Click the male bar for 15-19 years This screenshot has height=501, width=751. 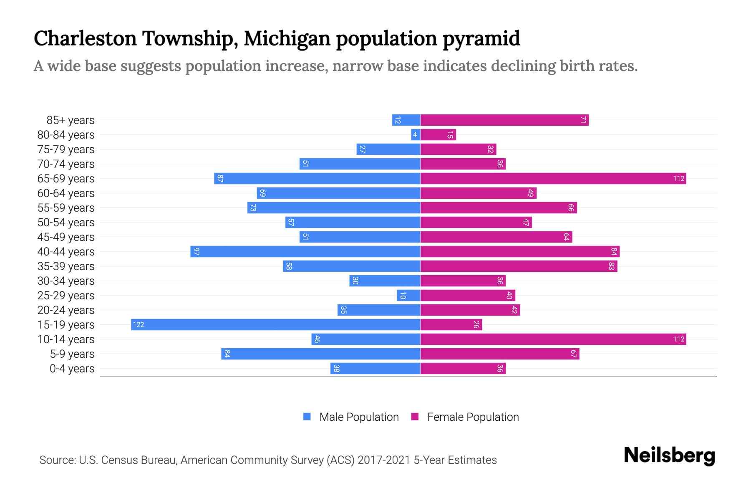click(x=275, y=324)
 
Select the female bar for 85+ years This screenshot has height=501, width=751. click(x=504, y=120)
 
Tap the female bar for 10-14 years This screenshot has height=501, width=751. click(x=553, y=339)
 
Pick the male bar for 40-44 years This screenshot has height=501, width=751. click(x=305, y=251)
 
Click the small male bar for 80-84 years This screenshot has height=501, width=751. click(x=415, y=134)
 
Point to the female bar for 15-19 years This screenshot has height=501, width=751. click(x=451, y=324)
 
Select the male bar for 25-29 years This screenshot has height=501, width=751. click(x=408, y=295)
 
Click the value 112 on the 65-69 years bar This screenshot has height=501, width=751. click(x=678, y=179)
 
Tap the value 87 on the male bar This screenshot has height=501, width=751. click(x=220, y=179)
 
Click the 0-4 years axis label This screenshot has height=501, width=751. click(x=72, y=369)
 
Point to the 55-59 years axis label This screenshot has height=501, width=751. click(x=66, y=208)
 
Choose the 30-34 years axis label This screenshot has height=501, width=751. click(x=66, y=281)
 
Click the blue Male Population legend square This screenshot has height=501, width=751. click(x=307, y=417)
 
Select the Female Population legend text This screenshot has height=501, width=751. click(x=473, y=417)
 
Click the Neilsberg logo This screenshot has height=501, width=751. click(x=669, y=455)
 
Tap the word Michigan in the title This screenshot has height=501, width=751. click(x=287, y=38)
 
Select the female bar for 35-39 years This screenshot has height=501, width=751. click(x=519, y=266)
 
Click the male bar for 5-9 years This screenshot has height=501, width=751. click(x=320, y=354)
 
